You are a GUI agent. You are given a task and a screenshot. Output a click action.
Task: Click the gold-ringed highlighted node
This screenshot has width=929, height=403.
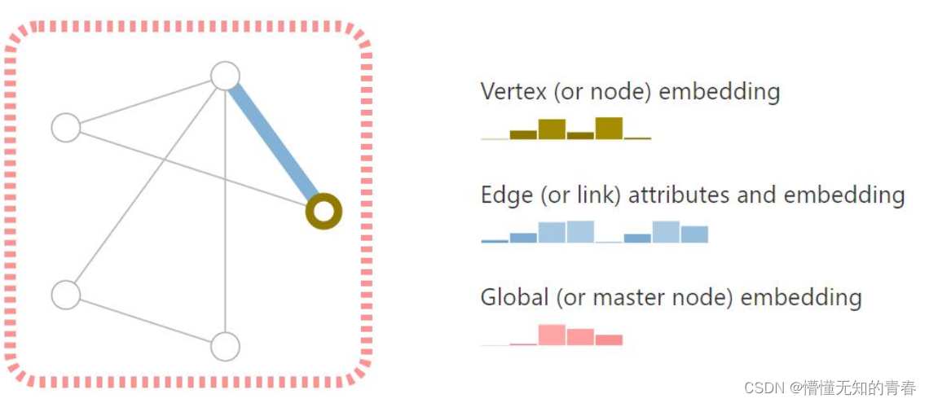tap(324, 212)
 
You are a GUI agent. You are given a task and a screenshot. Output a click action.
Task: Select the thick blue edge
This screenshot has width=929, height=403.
tap(275, 143)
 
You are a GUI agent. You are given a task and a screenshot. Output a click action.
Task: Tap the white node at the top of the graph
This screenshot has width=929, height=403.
tap(225, 76)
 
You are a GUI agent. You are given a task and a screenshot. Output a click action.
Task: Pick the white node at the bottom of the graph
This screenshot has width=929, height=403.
tap(225, 346)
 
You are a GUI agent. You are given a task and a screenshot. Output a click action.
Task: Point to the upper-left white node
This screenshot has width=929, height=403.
tap(66, 128)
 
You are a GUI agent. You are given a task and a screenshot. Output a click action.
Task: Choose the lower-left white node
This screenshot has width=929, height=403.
tap(66, 294)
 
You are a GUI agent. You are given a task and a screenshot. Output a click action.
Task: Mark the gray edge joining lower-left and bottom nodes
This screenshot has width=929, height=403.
tap(145, 320)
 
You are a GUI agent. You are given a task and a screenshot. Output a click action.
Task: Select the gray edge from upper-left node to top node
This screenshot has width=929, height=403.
tap(145, 102)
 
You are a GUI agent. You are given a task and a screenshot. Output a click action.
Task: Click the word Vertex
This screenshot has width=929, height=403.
tap(513, 91)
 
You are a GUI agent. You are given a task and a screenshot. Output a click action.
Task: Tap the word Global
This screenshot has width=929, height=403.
tap(515, 298)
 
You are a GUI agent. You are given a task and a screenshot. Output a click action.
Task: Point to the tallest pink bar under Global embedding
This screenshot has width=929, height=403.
tap(552, 335)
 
